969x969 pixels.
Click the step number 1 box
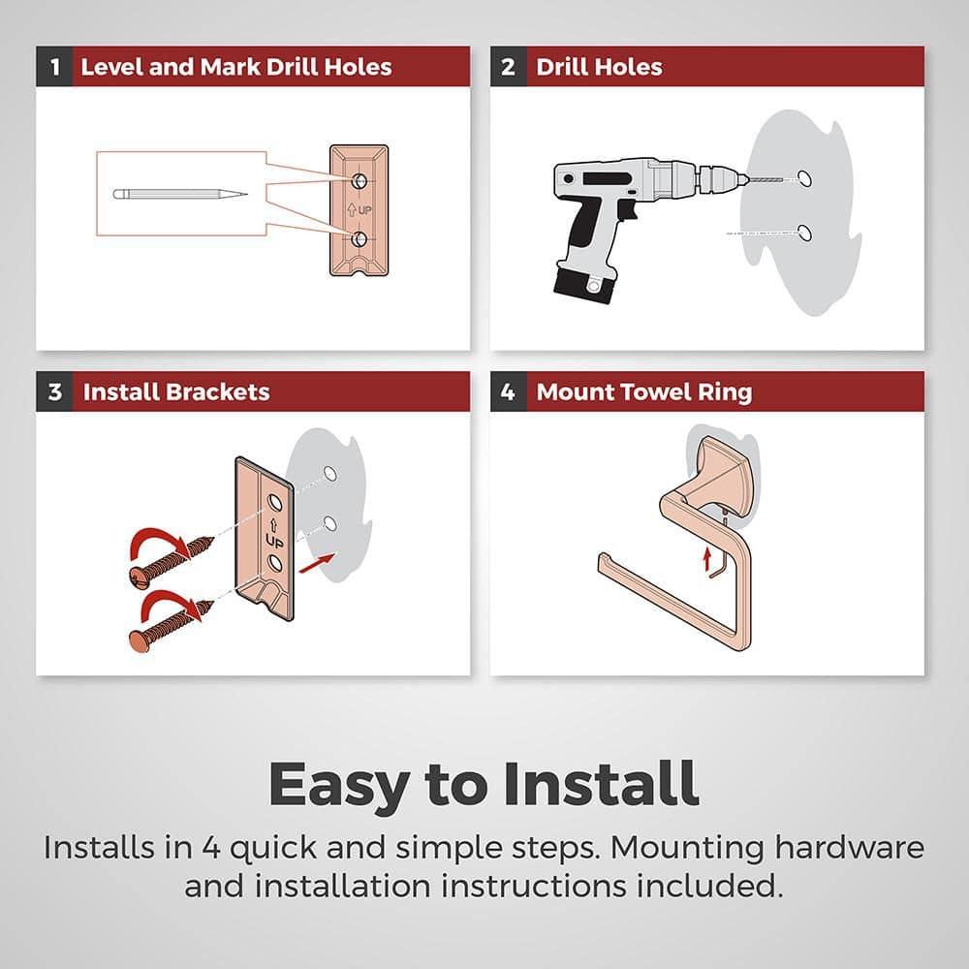tap(54, 66)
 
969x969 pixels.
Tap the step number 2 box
tap(508, 66)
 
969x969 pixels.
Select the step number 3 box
tap(54, 391)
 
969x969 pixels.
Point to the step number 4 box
tap(508, 391)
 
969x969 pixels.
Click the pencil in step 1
tap(180, 194)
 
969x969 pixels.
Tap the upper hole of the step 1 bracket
tap(359, 181)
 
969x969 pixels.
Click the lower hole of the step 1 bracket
tap(359, 239)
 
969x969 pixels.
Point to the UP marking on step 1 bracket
tap(359, 210)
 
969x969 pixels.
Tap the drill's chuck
tap(716, 178)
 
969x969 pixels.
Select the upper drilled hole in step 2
tap(804, 178)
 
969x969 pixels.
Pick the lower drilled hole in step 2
tap(804, 233)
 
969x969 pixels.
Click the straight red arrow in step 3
tap(317, 563)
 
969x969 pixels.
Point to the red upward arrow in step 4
tap(707, 560)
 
